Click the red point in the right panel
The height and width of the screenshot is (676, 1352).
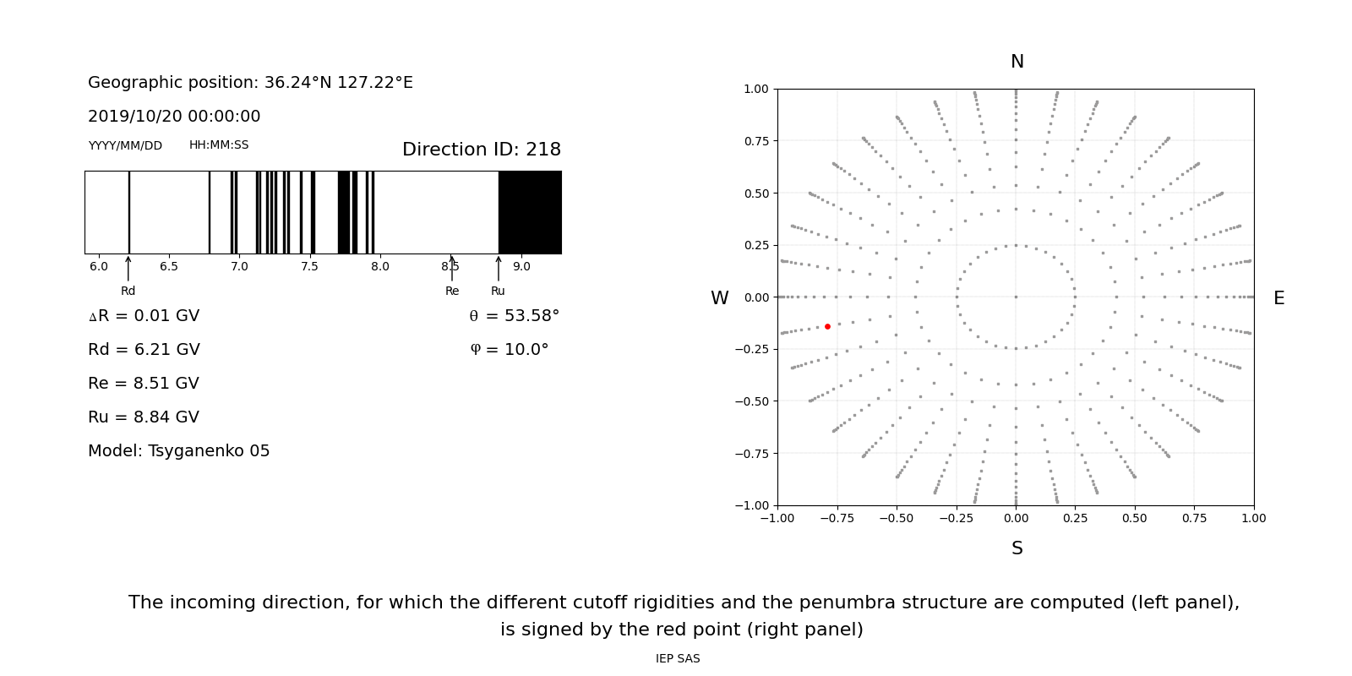(x=827, y=326)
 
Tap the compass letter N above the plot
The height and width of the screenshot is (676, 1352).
(x=1017, y=62)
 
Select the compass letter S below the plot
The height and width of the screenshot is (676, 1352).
(x=1017, y=548)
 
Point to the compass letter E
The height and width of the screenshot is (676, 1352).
(x=1278, y=298)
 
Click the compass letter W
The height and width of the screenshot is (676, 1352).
(x=719, y=298)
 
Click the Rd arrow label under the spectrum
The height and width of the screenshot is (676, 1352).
(x=128, y=291)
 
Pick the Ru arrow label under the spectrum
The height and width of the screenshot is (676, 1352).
(x=498, y=291)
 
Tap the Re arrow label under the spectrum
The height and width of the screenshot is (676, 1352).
(x=452, y=291)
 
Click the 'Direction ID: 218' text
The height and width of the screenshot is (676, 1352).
(x=482, y=150)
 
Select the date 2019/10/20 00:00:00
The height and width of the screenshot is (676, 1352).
(x=174, y=117)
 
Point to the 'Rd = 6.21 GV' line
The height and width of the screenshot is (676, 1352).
(x=144, y=350)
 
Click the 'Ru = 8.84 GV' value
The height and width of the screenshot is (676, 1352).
(x=144, y=417)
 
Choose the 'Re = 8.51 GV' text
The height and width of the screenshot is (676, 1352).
(x=144, y=384)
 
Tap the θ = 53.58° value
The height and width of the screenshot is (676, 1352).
(x=514, y=316)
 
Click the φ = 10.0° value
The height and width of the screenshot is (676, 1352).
(x=509, y=350)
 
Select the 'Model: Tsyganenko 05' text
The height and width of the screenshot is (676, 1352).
(x=179, y=451)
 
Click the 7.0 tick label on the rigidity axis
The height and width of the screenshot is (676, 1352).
(x=239, y=266)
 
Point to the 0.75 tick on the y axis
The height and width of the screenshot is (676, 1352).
(x=756, y=141)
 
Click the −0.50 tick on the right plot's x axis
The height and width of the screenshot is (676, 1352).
(x=897, y=518)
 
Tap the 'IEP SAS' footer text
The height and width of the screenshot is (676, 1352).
(x=678, y=659)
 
